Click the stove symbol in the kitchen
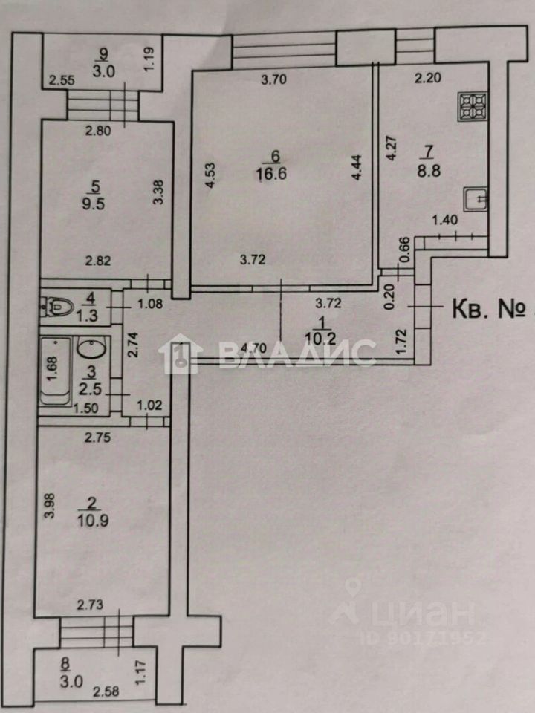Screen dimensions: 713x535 [473, 107]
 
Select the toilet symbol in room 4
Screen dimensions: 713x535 [55, 306]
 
